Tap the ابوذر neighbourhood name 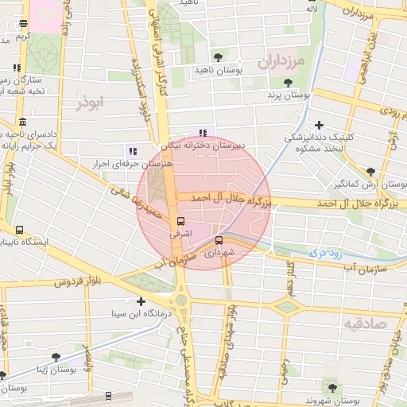click(91, 103)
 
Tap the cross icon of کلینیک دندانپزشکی click(319, 125)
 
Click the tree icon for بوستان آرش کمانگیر click(370, 171)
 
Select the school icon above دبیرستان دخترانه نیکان click(203, 133)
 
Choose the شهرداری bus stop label click(219, 254)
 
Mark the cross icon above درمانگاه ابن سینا click(141, 302)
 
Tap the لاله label click(315, 9)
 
